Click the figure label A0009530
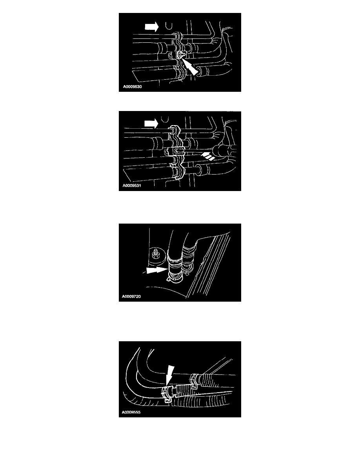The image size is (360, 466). (x=133, y=87)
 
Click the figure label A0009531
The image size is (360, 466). (x=132, y=186)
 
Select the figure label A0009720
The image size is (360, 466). (x=131, y=296)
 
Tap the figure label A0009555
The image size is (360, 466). (x=131, y=412)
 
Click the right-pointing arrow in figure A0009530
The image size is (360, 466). (x=152, y=27)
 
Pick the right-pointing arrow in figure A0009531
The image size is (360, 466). (x=151, y=123)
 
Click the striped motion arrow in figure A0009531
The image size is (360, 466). (x=208, y=156)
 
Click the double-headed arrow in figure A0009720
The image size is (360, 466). (x=156, y=270)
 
